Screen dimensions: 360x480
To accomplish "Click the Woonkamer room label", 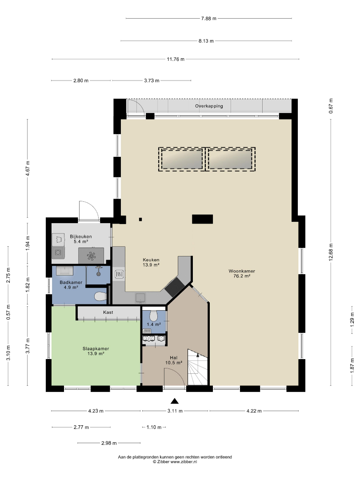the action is point(241,271).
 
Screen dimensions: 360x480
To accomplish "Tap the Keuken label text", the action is point(151,260).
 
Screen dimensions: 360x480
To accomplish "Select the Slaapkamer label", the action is point(96,349).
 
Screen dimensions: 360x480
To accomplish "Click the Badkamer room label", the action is point(71,283).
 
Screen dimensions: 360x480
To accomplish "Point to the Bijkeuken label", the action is point(81,236).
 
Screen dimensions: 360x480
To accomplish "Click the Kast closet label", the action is point(108,312).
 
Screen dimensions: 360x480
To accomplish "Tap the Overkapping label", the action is point(209,106).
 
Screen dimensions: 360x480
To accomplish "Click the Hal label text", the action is point(174,357).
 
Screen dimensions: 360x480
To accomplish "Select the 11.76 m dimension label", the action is point(176,59).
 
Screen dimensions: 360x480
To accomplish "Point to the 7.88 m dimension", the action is point(208,18).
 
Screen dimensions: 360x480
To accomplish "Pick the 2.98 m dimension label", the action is point(109,443).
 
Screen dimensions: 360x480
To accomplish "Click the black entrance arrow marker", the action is point(175,401).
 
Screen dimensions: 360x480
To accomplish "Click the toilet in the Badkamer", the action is point(100,296).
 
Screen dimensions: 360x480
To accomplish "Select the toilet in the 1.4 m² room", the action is point(153,315).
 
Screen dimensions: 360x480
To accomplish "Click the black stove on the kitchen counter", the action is point(175,287).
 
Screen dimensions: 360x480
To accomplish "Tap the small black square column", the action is point(140,219).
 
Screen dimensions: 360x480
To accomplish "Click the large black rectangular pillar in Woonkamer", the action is point(202,219).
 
